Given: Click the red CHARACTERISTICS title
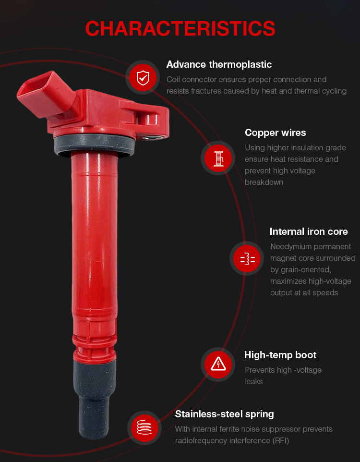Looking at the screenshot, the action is tap(180, 29).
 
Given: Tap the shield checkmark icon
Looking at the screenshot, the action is tap(143, 77).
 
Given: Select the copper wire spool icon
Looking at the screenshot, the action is tap(218, 158).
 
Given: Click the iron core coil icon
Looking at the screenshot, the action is tap(247, 258).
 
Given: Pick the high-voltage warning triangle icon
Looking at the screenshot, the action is tap(218, 365).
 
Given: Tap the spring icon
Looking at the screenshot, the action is tap(144, 427).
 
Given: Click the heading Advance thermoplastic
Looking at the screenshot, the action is tap(219, 64).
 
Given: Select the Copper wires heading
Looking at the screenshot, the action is tap(275, 133).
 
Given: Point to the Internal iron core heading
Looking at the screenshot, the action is tap(309, 231).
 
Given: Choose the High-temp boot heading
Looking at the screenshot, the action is tap(280, 355).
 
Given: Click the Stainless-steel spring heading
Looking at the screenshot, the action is tap(224, 414).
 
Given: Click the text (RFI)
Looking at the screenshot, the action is tap(280, 440).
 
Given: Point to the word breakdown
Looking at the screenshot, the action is tap(264, 182).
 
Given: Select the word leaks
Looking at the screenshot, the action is tap(253, 381).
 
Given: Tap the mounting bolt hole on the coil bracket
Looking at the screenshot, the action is tap(152, 138).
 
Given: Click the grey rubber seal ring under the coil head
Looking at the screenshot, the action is tap(94, 145).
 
